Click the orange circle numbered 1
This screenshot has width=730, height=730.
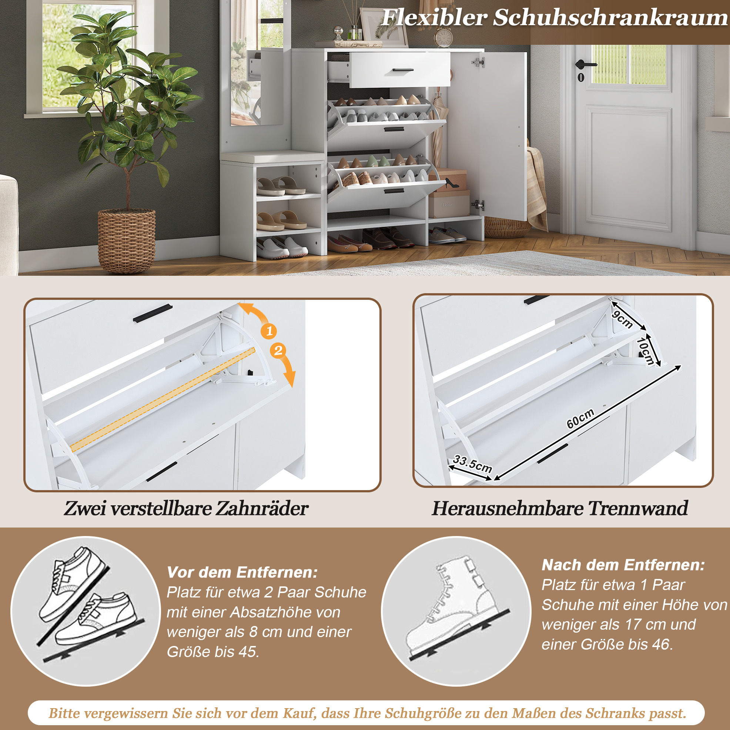[269, 331]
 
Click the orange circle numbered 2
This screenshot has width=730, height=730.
[278, 351]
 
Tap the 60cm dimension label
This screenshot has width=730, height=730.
[580, 419]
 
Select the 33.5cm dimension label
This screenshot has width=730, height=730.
[472, 463]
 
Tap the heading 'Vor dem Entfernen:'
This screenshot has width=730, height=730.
[242, 572]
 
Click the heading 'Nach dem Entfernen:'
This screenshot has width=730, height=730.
[623, 565]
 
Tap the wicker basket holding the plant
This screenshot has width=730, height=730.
[127, 241]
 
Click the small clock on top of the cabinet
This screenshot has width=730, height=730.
[443, 37]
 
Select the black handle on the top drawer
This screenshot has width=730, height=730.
[403, 70]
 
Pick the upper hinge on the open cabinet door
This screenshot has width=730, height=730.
[478, 62]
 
